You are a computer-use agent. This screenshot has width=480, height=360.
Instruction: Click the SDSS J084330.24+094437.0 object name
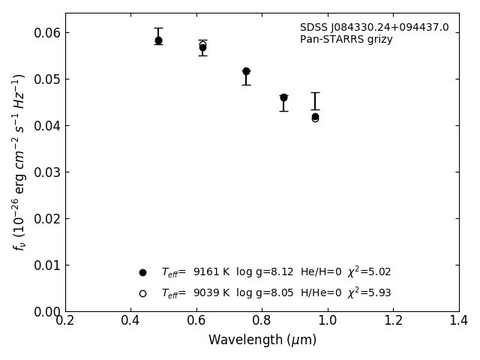coord(374,28)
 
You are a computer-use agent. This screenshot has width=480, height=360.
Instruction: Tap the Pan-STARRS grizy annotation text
coord(346,40)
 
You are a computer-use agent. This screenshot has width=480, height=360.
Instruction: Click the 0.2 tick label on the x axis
coord(65,321)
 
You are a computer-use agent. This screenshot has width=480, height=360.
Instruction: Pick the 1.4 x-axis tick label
coord(458,321)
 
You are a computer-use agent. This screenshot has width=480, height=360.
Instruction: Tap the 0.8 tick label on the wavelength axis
coord(262,321)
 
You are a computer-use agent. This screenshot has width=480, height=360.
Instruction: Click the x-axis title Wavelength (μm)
coord(262,340)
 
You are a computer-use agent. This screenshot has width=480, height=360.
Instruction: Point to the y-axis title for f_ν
coord(19,162)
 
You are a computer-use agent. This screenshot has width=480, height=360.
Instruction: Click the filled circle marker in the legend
coord(142,272)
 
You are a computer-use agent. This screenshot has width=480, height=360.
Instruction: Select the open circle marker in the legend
coord(142,293)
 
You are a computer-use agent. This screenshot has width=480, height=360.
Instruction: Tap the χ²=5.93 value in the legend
coord(369,293)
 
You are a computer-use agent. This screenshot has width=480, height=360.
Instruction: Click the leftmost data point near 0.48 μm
coord(158,40)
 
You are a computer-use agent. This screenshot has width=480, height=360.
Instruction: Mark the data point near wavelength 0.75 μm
coord(246,71)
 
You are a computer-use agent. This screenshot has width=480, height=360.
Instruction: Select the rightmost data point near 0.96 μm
coord(315,117)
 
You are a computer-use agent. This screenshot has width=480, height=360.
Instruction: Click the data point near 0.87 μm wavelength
coord(283,97)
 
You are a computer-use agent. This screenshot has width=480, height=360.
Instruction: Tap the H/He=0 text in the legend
coord(321,293)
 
